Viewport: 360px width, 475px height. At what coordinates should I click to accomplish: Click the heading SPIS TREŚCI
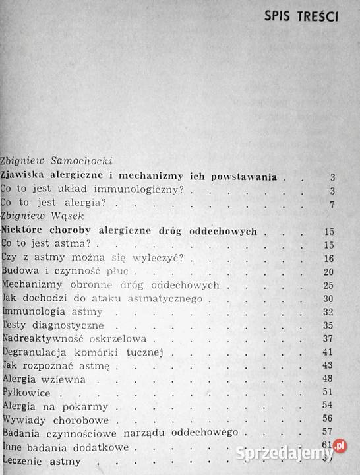click(301, 16)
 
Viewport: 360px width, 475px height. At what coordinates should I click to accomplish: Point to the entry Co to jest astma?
click(45, 244)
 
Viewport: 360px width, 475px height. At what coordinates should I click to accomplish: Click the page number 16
click(330, 258)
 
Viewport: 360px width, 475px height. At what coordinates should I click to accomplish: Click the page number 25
click(330, 286)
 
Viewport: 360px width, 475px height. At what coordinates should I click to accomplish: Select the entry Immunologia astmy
click(53, 312)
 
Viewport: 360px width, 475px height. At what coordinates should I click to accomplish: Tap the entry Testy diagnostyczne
click(52, 325)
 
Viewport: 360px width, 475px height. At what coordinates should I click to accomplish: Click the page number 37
click(330, 339)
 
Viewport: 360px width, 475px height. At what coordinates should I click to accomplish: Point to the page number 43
click(330, 366)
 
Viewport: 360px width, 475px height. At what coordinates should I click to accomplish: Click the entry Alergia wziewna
click(45, 380)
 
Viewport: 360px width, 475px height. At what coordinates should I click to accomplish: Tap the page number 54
click(330, 406)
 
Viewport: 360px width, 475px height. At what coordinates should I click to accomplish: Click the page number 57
click(330, 433)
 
